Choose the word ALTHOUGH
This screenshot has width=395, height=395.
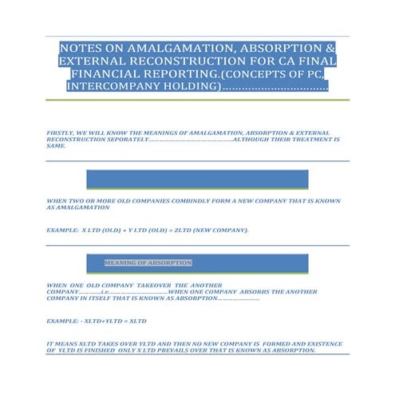click(x=253, y=140)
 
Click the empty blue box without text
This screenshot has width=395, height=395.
click(x=196, y=179)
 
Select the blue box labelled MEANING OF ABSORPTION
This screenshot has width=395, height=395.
click(x=196, y=264)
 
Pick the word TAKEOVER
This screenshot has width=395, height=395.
click(x=148, y=285)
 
